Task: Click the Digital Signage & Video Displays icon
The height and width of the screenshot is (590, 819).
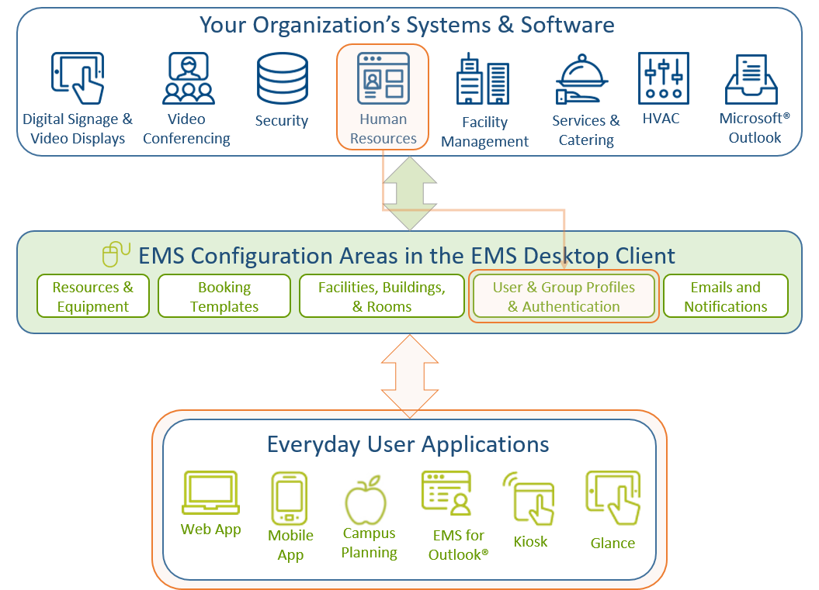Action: tap(77, 78)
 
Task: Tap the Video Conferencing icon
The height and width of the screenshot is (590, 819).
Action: tap(188, 78)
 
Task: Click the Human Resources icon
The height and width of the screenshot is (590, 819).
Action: tap(383, 78)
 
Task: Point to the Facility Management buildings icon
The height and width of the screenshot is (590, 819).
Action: tap(482, 81)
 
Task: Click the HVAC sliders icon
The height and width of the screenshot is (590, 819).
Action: tap(663, 78)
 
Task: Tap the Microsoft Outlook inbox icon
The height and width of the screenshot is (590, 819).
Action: tap(751, 79)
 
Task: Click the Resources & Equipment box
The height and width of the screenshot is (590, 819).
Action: tap(93, 296)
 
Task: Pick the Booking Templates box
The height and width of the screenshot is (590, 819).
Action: tap(224, 296)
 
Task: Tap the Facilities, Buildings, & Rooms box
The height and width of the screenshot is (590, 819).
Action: tap(382, 296)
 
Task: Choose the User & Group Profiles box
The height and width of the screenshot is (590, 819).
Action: tap(564, 296)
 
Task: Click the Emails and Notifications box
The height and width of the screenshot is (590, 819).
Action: tap(726, 296)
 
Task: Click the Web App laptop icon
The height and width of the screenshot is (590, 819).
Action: tap(210, 494)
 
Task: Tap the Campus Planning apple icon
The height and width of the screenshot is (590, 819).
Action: tap(366, 500)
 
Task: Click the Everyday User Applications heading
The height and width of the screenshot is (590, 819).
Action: tap(408, 444)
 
